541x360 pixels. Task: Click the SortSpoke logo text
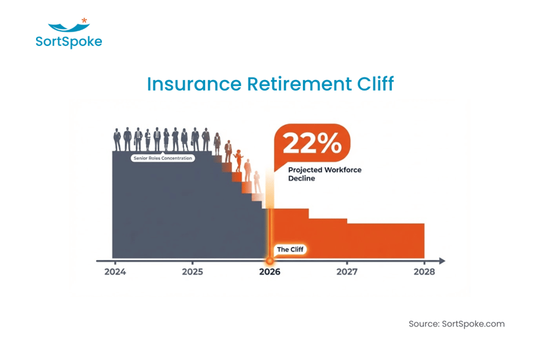click(x=69, y=41)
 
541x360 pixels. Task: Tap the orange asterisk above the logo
click(x=84, y=21)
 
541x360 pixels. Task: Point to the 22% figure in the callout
click(x=312, y=143)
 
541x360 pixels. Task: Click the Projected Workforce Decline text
click(x=325, y=174)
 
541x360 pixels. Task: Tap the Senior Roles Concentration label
click(x=162, y=158)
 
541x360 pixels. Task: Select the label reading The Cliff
click(x=291, y=249)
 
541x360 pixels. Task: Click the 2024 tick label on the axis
click(x=116, y=271)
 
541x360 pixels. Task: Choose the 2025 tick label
click(x=193, y=271)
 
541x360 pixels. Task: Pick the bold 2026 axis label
click(x=270, y=271)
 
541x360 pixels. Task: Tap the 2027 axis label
click(x=346, y=271)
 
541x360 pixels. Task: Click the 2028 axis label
click(x=423, y=271)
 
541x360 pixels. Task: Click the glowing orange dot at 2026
click(x=270, y=261)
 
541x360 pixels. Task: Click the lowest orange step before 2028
click(x=386, y=240)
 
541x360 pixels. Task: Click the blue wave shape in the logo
click(x=68, y=28)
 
